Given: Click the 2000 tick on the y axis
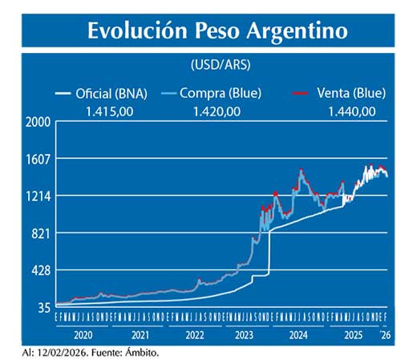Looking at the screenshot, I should tap(39, 122).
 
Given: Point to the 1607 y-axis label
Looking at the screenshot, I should tap(39, 159).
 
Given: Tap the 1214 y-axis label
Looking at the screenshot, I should tap(39, 196).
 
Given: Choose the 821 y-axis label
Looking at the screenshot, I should tap(43, 233).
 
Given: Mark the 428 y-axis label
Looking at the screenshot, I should tap(43, 270).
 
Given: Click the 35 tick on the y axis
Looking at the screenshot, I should tap(45, 307).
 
